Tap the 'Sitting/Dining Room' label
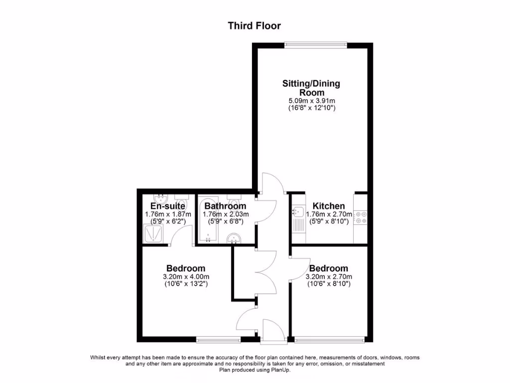point(311,88)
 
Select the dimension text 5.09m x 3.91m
point(311,100)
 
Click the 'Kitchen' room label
point(328,206)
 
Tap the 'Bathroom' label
point(225,206)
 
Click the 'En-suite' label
point(168,206)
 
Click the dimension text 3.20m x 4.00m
point(185,277)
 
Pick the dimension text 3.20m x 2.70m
point(329,277)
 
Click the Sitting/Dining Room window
point(315,45)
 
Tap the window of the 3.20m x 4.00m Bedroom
point(218,341)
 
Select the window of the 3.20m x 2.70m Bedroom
point(329,341)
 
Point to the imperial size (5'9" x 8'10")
point(329,221)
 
